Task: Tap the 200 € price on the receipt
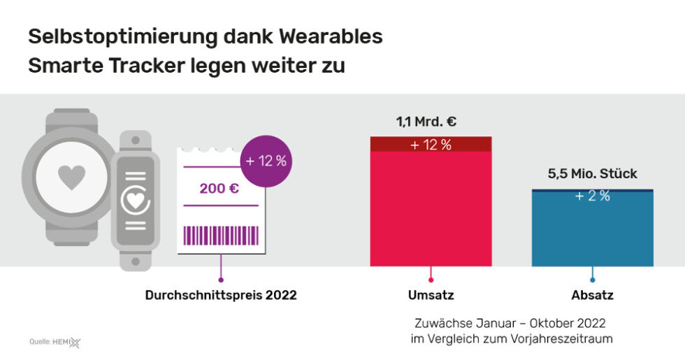click(219, 188)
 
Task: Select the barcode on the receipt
click(220, 235)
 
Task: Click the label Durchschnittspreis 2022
click(221, 295)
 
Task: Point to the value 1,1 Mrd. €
click(426, 122)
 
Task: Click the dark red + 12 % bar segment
click(431, 144)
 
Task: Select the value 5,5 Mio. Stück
click(593, 173)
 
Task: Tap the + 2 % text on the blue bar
click(592, 196)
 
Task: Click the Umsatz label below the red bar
click(431, 295)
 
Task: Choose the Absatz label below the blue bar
click(592, 295)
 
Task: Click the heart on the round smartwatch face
click(71, 177)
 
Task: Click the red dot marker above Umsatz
click(431, 279)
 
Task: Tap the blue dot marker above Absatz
click(593, 279)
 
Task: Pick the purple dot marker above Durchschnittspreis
click(221, 279)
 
